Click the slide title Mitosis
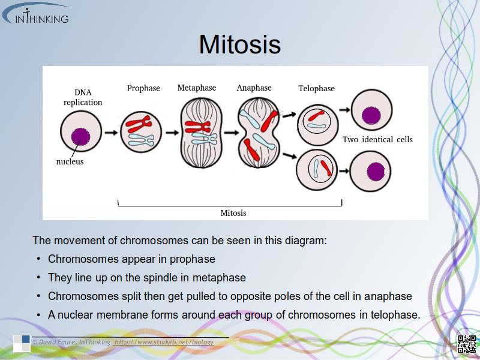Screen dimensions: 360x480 (240, 44)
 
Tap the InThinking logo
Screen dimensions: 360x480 (36, 14)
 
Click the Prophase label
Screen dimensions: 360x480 (143, 88)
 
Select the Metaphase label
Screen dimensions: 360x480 (196, 88)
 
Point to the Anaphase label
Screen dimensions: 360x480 (254, 88)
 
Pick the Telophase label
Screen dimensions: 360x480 (316, 89)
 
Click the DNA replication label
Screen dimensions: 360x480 (83, 97)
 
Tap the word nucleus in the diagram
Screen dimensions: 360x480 (70, 161)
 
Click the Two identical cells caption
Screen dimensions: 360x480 (377, 139)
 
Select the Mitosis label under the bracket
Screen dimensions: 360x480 (233, 213)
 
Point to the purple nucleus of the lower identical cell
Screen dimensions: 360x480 (376, 172)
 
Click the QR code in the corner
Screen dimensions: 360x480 (466, 344)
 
